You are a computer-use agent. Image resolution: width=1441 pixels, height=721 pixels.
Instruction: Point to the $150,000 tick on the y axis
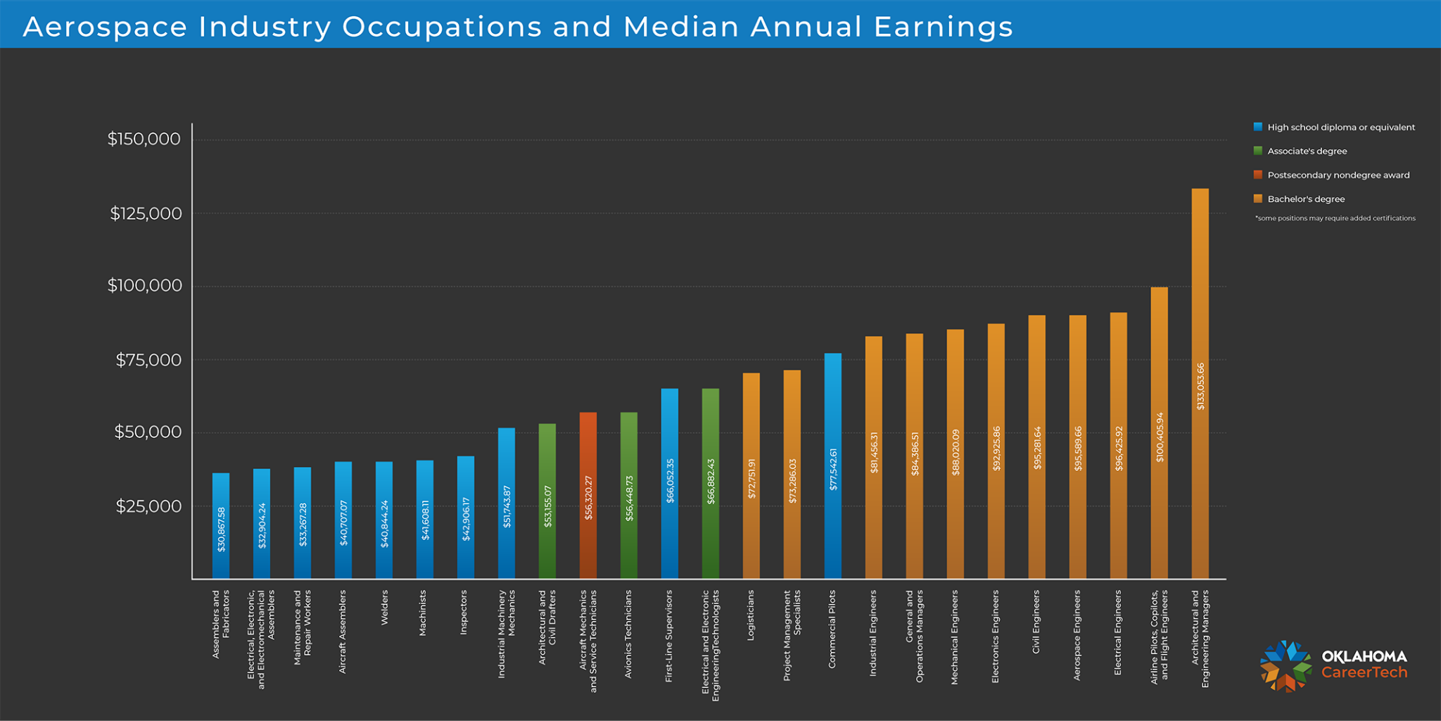tap(144, 139)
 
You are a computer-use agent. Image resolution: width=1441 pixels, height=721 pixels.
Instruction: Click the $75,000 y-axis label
tap(148, 360)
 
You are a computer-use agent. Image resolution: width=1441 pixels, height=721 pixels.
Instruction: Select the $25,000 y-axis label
tap(148, 506)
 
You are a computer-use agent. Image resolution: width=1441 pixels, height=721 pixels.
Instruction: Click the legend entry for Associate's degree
tap(1307, 151)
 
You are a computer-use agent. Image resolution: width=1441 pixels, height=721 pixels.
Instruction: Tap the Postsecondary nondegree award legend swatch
tap(1258, 175)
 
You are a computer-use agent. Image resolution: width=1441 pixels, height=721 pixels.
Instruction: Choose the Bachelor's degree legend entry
tap(1305, 199)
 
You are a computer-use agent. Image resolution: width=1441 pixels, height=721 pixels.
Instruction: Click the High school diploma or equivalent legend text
tap(1340, 127)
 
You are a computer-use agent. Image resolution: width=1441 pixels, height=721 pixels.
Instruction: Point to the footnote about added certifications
tap(1335, 218)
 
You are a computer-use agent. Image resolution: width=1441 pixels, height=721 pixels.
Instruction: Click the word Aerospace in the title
tap(106, 27)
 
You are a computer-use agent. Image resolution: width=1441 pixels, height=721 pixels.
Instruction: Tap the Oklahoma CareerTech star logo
tap(1286, 666)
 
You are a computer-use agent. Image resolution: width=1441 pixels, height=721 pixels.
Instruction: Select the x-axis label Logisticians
tap(751, 615)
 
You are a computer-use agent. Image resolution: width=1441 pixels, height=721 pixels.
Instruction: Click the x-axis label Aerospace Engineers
tap(1077, 634)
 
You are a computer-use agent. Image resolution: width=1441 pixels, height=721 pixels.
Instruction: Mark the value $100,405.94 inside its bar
tap(1160, 437)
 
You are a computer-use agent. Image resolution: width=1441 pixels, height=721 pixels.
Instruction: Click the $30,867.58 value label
tap(221, 529)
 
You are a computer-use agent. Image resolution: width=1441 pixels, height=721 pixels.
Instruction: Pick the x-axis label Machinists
tap(423, 613)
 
